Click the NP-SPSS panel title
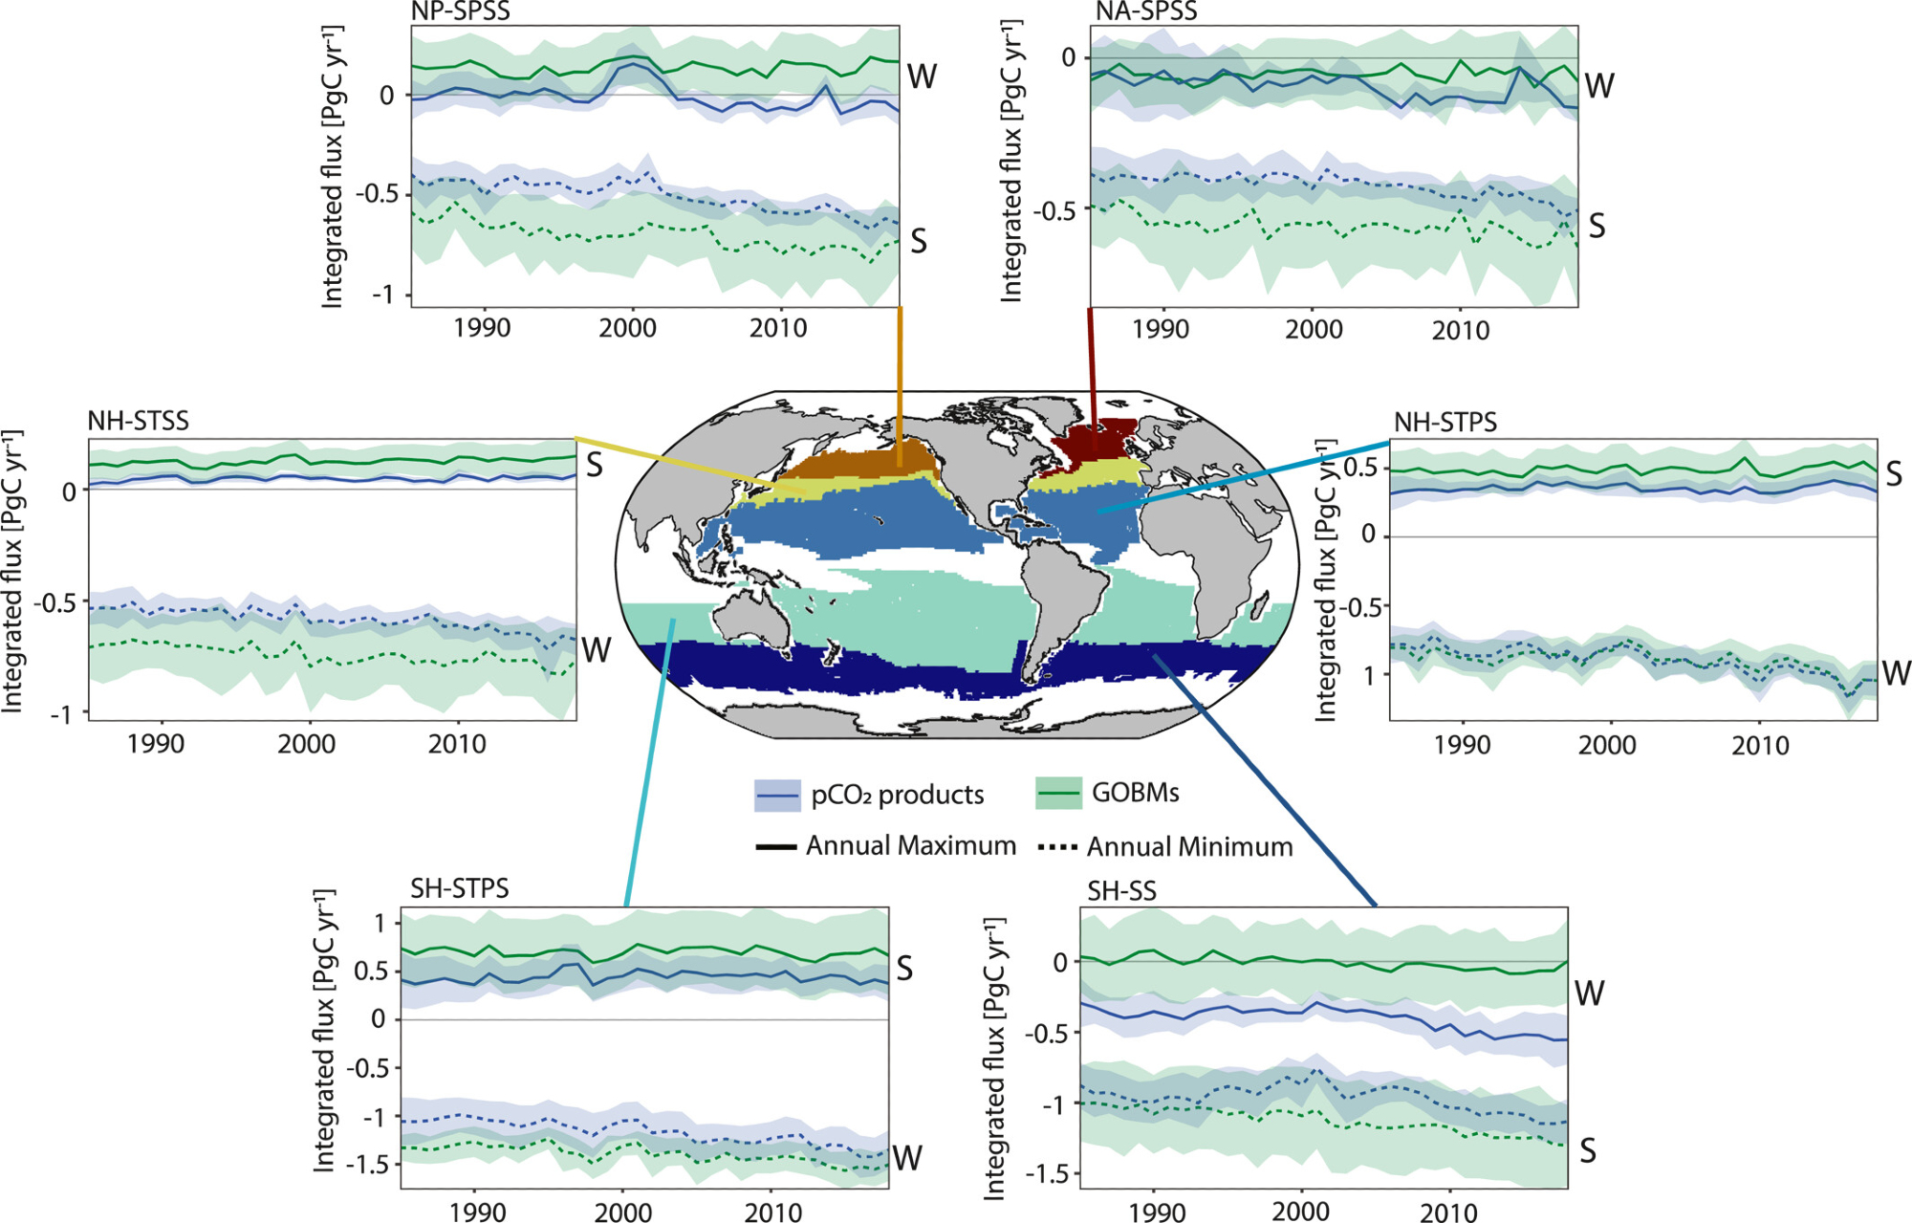pos(460,11)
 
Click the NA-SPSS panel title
pos(1146,11)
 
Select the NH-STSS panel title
pos(138,421)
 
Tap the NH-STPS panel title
pos(1445,422)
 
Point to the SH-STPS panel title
pos(459,888)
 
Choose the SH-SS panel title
pos(1121,891)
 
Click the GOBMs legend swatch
pos(1057,794)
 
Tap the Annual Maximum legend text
pos(910,846)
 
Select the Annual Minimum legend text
pos(1189,847)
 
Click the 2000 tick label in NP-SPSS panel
pos(627,329)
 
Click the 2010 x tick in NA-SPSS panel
pos(1460,331)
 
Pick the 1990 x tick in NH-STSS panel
pos(156,744)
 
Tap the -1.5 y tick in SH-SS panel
pos(1047,1173)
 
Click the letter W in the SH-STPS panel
pos(906,1158)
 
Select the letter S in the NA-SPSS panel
pos(1597,227)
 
